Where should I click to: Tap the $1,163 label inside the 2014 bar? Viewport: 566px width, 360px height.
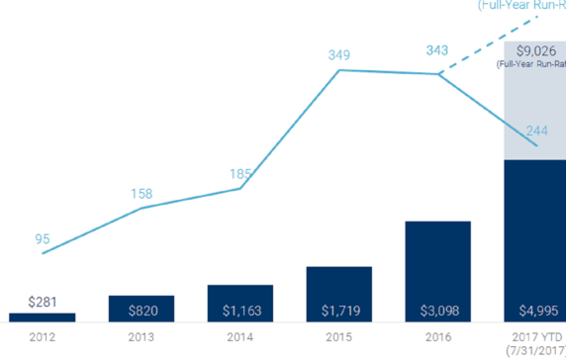(x=239, y=311)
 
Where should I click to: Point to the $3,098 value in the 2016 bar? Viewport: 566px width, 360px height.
(x=437, y=311)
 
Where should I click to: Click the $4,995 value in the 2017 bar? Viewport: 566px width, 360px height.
(x=534, y=311)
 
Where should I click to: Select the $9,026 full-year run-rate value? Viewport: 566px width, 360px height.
(x=534, y=50)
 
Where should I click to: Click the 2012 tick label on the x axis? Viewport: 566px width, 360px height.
(x=42, y=336)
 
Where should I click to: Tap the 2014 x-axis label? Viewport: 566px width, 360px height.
(x=239, y=336)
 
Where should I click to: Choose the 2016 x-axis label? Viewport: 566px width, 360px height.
(x=437, y=336)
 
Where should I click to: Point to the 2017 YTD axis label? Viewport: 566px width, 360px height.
(x=535, y=336)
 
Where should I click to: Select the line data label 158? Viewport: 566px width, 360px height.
(x=142, y=193)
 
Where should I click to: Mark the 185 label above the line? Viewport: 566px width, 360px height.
(x=239, y=174)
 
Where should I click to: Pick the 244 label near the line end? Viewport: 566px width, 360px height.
(x=537, y=129)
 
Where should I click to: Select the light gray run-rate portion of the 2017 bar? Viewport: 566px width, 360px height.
(x=534, y=109)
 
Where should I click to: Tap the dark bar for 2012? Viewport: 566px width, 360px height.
(x=42, y=317)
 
